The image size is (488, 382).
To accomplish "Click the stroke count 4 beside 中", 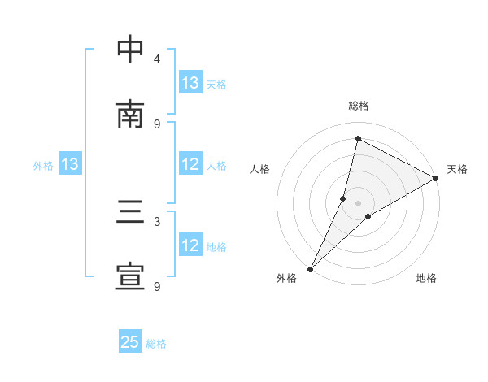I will [x=157, y=59].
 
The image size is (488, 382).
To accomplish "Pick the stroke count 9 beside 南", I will [x=157, y=124].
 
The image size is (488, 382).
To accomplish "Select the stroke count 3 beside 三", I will [x=157, y=222].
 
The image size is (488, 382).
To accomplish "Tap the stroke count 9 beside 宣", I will [x=157, y=286].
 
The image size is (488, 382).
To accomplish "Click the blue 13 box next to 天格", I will [x=190, y=83].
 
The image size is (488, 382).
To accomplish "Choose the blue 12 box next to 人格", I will [x=190, y=164].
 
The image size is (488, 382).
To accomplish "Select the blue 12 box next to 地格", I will [x=190, y=245].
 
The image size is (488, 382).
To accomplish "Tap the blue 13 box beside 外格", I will [x=70, y=164].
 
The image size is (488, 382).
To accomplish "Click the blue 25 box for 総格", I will [x=130, y=342].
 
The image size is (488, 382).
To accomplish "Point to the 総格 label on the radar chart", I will [x=359, y=106].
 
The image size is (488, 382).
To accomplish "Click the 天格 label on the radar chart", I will [x=457, y=169].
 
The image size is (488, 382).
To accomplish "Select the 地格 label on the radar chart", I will [x=426, y=278].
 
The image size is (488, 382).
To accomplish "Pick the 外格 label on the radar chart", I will [x=286, y=278].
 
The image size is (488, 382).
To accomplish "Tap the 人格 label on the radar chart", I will [x=259, y=169].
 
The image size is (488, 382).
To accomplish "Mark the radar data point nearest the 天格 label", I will [x=436, y=179].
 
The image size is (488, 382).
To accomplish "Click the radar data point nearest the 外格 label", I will [x=310, y=268].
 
